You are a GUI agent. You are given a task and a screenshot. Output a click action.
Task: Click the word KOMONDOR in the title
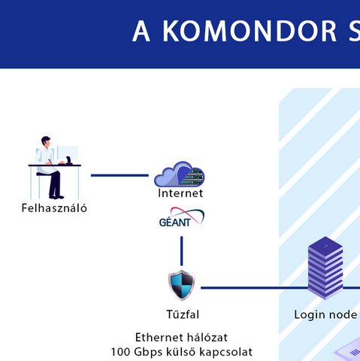(x=250, y=31)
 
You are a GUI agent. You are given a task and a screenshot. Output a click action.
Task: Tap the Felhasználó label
(x=54, y=208)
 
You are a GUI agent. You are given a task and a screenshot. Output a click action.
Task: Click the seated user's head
(x=46, y=141)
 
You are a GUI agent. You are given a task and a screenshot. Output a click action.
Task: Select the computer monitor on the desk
(x=68, y=153)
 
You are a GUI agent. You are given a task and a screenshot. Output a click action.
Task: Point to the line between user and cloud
(x=119, y=175)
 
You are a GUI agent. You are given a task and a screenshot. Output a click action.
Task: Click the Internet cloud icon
(x=180, y=174)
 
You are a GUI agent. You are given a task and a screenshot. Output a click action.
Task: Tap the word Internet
(x=180, y=193)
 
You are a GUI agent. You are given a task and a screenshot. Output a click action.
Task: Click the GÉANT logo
(x=182, y=217)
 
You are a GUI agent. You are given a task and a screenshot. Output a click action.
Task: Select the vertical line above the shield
(x=182, y=250)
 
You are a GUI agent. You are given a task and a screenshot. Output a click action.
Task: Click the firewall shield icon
(x=182, y=285)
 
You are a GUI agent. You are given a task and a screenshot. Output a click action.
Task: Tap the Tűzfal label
(x=183, y=314)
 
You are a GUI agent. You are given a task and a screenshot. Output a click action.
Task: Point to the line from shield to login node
(x=254, y=288)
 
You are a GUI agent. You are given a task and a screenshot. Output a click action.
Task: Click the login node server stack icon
(x=325, y=268)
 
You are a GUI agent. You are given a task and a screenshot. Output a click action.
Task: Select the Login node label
(x=325, y=314)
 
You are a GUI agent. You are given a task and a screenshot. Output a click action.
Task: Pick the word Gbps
(x=148, y=353)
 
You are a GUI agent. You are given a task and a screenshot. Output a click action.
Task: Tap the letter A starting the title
(x=141, y=31)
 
